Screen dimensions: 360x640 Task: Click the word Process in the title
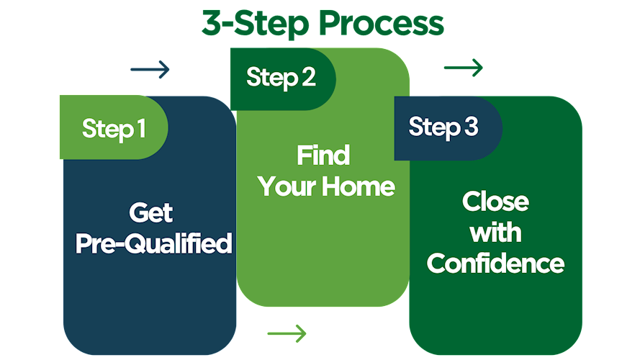[x=381, y=23]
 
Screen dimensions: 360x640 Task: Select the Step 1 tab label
[x=114, y=128]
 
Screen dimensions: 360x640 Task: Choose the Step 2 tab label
[x=281, y=77]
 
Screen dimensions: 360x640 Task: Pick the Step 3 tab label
[x=443, y=127]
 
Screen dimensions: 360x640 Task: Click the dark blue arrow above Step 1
[x=150, y=70]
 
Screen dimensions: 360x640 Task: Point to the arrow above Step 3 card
[x=463, y=68]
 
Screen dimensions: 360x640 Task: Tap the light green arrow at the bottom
[x=287, y=333]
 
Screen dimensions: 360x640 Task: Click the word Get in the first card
[x=151, y=213]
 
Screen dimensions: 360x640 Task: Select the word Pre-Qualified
[x=153, y=243]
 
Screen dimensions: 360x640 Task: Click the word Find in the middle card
[x=323, y=156]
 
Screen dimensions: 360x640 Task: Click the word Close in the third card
[x=495, y=202]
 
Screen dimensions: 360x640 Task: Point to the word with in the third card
[x=495, y=232]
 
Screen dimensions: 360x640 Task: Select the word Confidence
[x=495, y=263]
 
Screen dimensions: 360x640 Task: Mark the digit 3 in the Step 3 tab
[x=471, y=127]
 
